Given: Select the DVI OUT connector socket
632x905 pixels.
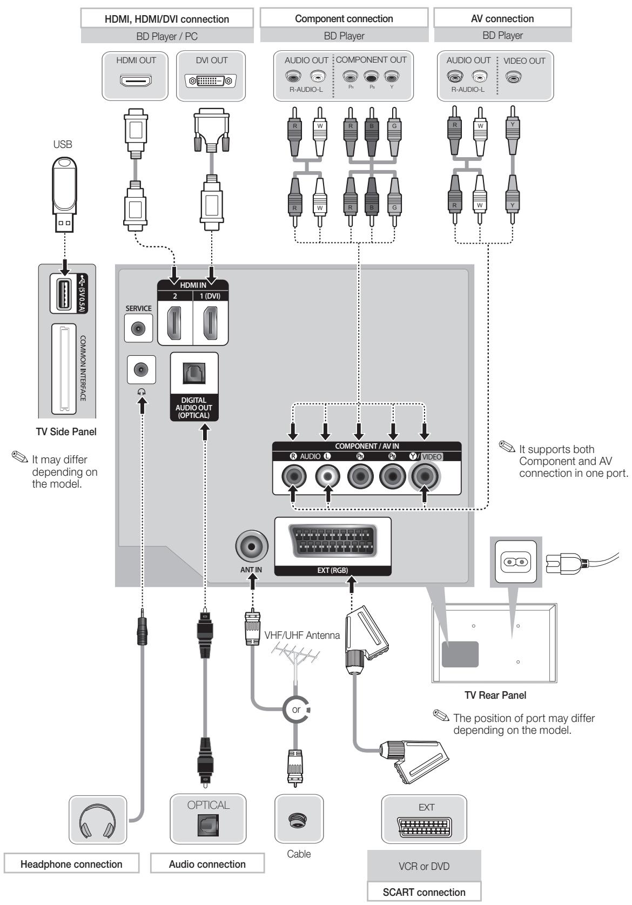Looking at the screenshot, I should point(211,82).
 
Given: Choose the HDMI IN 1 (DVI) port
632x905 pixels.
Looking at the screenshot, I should point(211,323).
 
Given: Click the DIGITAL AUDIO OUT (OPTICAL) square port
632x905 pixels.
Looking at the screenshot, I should point(194,373).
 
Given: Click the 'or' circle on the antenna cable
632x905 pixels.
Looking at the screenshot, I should point(296,709).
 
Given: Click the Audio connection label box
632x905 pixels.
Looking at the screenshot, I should point(207,864).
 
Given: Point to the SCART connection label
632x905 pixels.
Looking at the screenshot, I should point(424,892).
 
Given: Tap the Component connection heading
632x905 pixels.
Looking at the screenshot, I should point(344,18).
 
